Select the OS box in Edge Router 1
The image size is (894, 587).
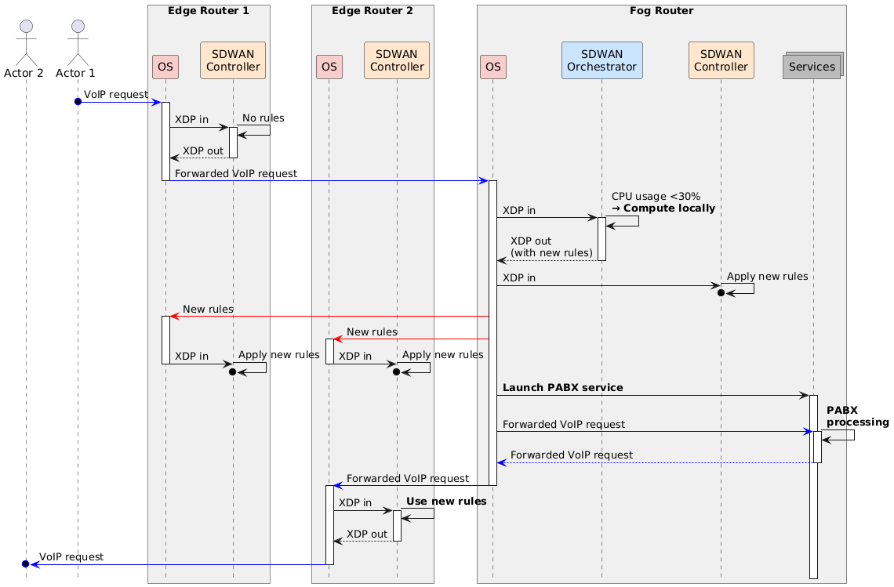[x=165, y=67]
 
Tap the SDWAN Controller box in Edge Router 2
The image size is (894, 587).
[x=397, y=60]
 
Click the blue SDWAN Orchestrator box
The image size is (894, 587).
[x=601, y=60]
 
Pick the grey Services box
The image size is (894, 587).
[x=813, y=67]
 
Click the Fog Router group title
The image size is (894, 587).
[x=661, y=11]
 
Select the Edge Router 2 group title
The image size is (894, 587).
[x=372, y=11]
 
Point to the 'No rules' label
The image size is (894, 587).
[x=263, y=118]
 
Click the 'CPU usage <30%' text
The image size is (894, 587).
[x=656, y=196]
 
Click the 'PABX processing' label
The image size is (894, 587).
[x=857, y=416]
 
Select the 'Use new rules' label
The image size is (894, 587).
[x=445, y=501]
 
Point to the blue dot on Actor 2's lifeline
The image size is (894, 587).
[x=26, y=564]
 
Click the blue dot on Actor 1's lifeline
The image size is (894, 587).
[x=78, y=102]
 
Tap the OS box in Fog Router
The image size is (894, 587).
[x=492, y=67]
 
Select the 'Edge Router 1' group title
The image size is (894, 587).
[x=208, y=11]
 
